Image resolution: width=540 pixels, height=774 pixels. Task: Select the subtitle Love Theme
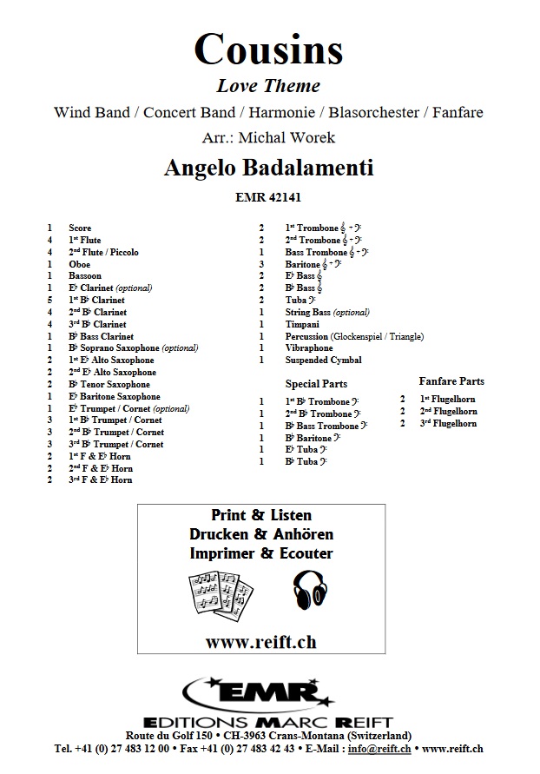268,85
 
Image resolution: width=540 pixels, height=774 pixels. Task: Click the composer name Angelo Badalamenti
268,169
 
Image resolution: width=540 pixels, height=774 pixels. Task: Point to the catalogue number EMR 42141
268,198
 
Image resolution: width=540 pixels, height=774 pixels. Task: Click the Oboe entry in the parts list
79,264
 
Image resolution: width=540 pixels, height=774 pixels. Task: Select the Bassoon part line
84,276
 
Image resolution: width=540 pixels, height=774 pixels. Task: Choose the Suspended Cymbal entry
323,360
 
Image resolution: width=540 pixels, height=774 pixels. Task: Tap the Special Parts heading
316,383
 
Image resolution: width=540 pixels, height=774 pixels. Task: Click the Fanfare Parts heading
451,380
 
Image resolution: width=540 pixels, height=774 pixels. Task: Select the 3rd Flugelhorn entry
448,423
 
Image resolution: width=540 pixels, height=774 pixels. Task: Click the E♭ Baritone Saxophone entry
116,396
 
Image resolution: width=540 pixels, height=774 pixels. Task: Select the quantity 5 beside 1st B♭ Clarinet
49,300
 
